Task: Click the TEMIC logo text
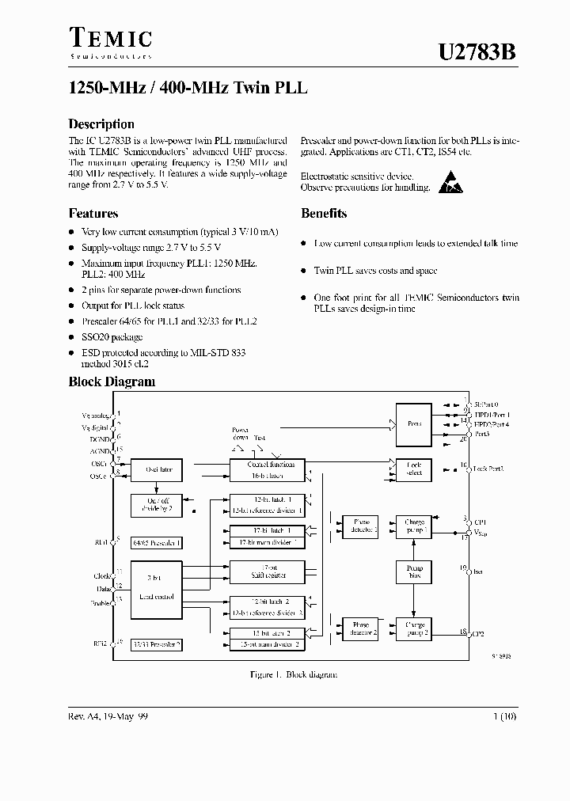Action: [110, 37]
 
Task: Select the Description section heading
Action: [101, 124]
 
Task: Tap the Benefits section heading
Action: [323, 213]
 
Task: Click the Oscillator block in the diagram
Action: [156, 469]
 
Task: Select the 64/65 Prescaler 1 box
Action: [156, 543]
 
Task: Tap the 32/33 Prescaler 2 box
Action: [156, 644]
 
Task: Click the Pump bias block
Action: [415, 571]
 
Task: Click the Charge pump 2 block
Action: [415, 629]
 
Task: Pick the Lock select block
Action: [415, 469]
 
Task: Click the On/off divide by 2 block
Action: [156, 506]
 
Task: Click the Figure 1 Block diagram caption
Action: [283, 674]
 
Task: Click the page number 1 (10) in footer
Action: [503, 716]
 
